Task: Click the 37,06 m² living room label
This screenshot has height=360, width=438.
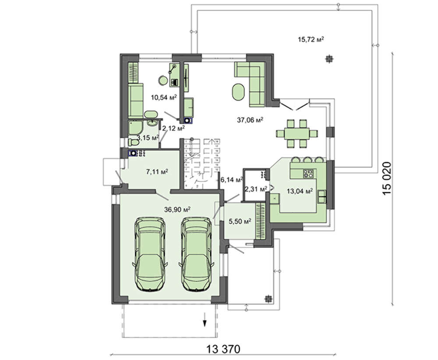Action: (x=250, y=120)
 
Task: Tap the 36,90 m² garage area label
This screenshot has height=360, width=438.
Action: (x=177, y=209)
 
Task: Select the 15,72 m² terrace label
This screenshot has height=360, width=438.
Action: (x=311, y=39)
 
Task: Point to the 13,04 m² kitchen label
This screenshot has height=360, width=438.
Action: (x=300, y=191)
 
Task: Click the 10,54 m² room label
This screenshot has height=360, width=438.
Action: (x=164, y=97)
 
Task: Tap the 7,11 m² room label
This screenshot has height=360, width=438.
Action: (x=157, y=172)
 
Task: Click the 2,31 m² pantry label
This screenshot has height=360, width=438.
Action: (x=256, y=189)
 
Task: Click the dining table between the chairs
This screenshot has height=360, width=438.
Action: (x=297, y=133)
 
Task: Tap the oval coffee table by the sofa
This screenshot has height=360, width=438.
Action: (x=238, y=92)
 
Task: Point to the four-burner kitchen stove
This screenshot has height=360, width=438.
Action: (x=309, y=173)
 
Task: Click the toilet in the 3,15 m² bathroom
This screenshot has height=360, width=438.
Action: (x=134, y=142)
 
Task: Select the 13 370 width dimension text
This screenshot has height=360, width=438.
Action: (x=223, y=349)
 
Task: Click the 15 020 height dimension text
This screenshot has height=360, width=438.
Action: (x=388, y=178)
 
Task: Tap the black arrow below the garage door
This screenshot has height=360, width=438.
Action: (x=205, y=320)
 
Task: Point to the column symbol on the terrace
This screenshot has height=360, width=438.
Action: (x=329, y=59)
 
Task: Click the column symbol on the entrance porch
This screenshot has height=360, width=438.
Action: (x=268, y=299)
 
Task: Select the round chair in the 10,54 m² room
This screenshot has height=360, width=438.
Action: (x=162, y=81)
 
